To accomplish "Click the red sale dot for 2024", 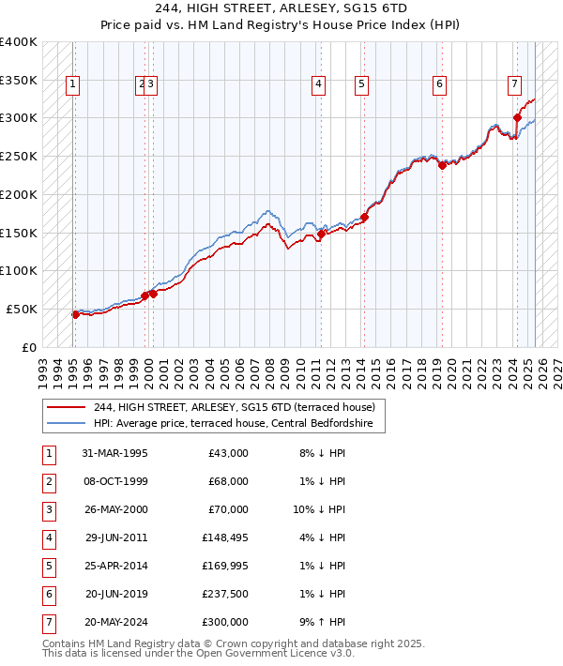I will pyautogui.click(x=517, y=117).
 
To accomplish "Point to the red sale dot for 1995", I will pyautogui.click(x=75, y=314).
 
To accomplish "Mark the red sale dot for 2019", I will pyautogui.click(x=442, y=166).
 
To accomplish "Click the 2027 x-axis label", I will pyautogui.click(x=557, y=366).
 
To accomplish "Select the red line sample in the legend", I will pyautogui.click(x=67, y=407).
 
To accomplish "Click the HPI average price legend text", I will pyautogui.click(x=233, y=424).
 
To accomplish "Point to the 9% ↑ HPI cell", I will pyautogui.click(x=322, y=622).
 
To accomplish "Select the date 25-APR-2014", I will pyautogui.click(x=115, y=566).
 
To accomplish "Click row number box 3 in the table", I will pyautogui.click(x=49, y=509).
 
